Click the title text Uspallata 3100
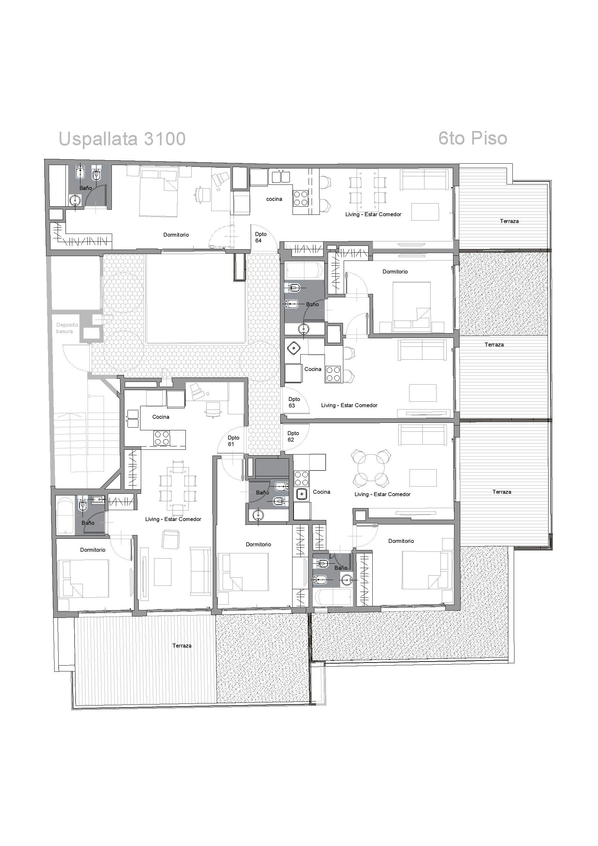tap(122, 139)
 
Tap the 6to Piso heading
tap(473, 138)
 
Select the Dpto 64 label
tap(260, 237)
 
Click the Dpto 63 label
tap(294, 402)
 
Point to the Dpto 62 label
tap(293, 436)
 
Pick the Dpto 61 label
tap(233, 441)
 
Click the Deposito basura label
tap(67, 328)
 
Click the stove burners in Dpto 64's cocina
tap(301, 198)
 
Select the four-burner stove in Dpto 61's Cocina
tap(162, 438)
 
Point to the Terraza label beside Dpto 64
tap(509, 221)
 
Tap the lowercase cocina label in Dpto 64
tap(274, 199)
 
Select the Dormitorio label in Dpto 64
tap(176, 235)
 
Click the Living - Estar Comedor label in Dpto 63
tap(349, 405)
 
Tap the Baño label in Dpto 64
tap(86, 188)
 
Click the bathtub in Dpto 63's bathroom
tap(305, 271)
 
